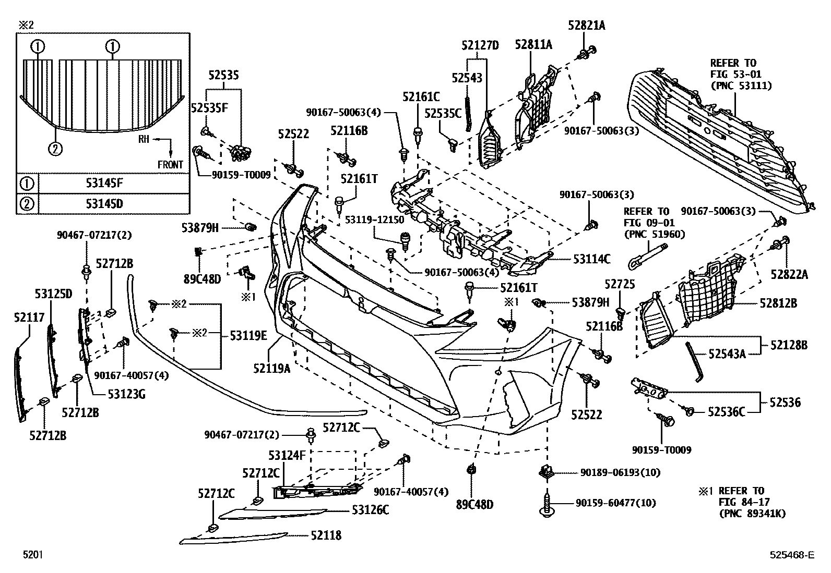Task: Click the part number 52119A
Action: click(x=271, y=369)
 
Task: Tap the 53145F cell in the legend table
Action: click(x=104, y=184)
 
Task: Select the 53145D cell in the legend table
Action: click(x=104, y=203)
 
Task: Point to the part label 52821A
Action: click(x=587, y=25)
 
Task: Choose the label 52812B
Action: click(x=778, y=303)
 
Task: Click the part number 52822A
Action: click(x=789, y=275)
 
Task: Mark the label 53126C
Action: click(x=370, y=510)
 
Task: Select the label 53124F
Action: click(x=287, y=456)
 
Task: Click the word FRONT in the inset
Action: click(x=171, y=165)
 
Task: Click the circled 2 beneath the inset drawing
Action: click(x=55, y=149)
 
